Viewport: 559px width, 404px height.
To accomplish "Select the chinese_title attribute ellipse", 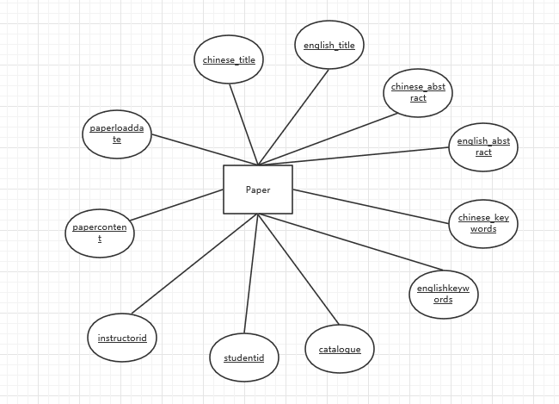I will point(229,59).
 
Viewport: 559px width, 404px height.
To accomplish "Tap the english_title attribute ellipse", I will point(329,45).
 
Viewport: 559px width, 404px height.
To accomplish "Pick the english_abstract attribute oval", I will point(483,146).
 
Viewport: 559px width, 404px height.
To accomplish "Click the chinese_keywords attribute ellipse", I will point(483,223).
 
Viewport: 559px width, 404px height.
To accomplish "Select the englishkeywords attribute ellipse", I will point(443,294).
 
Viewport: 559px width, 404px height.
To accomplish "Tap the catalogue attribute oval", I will point(340,349).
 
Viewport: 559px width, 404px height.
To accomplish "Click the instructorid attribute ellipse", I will point(123,338).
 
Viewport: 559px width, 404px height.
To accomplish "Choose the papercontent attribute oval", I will point(100,233).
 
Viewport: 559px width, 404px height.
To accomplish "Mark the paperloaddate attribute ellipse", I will point(118,134).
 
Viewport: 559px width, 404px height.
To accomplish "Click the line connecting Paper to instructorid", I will point(193,264).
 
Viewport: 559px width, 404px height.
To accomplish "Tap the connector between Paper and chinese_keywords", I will point(370,206).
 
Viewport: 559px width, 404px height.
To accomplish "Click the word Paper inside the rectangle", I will point(258,190).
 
